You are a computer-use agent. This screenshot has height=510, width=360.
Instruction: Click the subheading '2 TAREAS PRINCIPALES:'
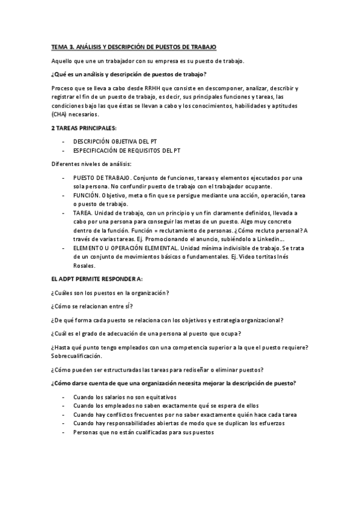click(x=83, y=128)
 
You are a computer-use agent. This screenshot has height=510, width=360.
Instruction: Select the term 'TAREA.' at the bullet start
click(x=83, y=213)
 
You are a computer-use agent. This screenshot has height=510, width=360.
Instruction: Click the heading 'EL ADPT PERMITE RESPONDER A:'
click(x=97, y=280)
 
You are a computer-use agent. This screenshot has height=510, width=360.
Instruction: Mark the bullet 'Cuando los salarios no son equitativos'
click(x=125, y=398)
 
